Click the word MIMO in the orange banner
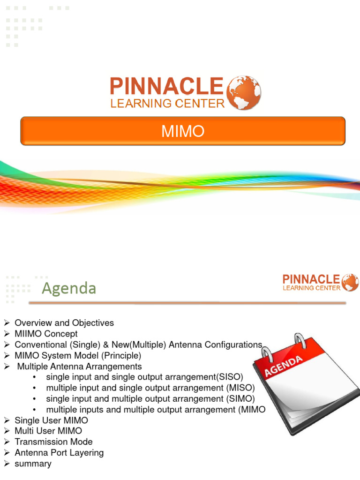183,131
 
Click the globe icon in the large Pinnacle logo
244,93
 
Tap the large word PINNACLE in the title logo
166,87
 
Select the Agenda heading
69,288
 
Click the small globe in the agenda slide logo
350,283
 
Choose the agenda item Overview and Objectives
64,323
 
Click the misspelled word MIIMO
29,334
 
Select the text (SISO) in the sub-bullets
229,377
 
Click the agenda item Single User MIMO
51,420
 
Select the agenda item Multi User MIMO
48,431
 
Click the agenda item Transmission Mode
53,442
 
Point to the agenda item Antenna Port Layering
59,452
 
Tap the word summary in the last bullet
33,463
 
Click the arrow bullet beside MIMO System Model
7,356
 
